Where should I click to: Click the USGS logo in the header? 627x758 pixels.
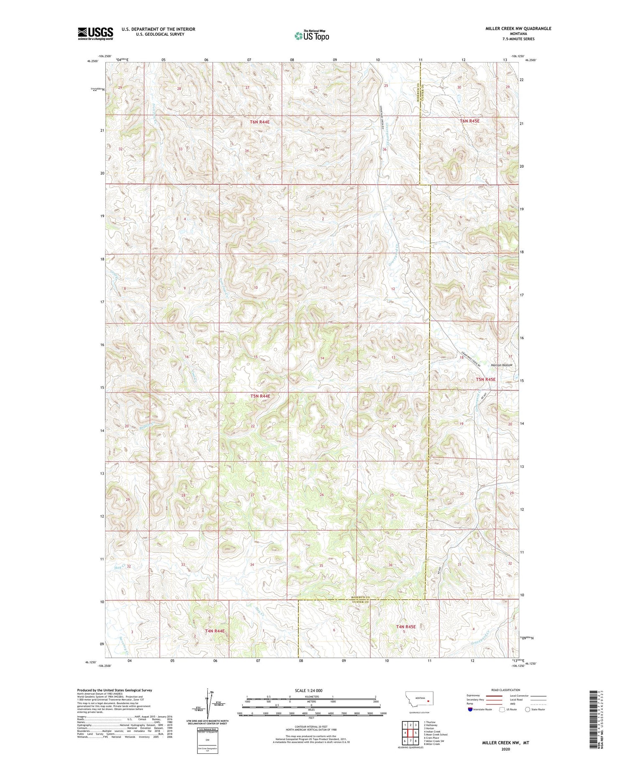[95, 33]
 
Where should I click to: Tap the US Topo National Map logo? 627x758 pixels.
[311, 36]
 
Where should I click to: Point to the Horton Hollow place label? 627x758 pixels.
[501, 365]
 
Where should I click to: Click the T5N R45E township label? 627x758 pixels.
[485, 379]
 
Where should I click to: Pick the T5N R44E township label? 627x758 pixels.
[260, 396]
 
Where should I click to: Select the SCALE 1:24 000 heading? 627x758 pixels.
[311, 690]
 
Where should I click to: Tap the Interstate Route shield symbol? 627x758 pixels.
[470, 710]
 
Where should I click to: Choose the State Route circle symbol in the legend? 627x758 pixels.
[528, 710]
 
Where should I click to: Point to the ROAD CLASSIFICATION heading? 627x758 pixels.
[506, 690]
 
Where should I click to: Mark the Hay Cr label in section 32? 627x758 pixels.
[119, 568]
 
